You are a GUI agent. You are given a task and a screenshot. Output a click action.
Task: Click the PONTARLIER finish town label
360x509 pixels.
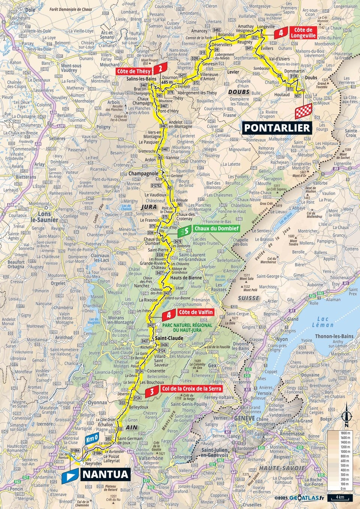[x=277, y=128]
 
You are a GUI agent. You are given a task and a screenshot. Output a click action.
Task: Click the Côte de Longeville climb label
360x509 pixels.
[x=303, y=33]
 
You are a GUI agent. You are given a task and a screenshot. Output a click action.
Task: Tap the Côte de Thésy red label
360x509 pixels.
[x=134, y=71]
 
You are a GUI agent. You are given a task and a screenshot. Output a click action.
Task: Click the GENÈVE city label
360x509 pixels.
[x=244, y=418]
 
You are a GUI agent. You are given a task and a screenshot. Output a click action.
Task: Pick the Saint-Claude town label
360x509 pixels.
[x=169, y=338]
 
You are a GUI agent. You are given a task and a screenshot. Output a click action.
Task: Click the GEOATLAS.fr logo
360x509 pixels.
[x=303, y=498]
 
